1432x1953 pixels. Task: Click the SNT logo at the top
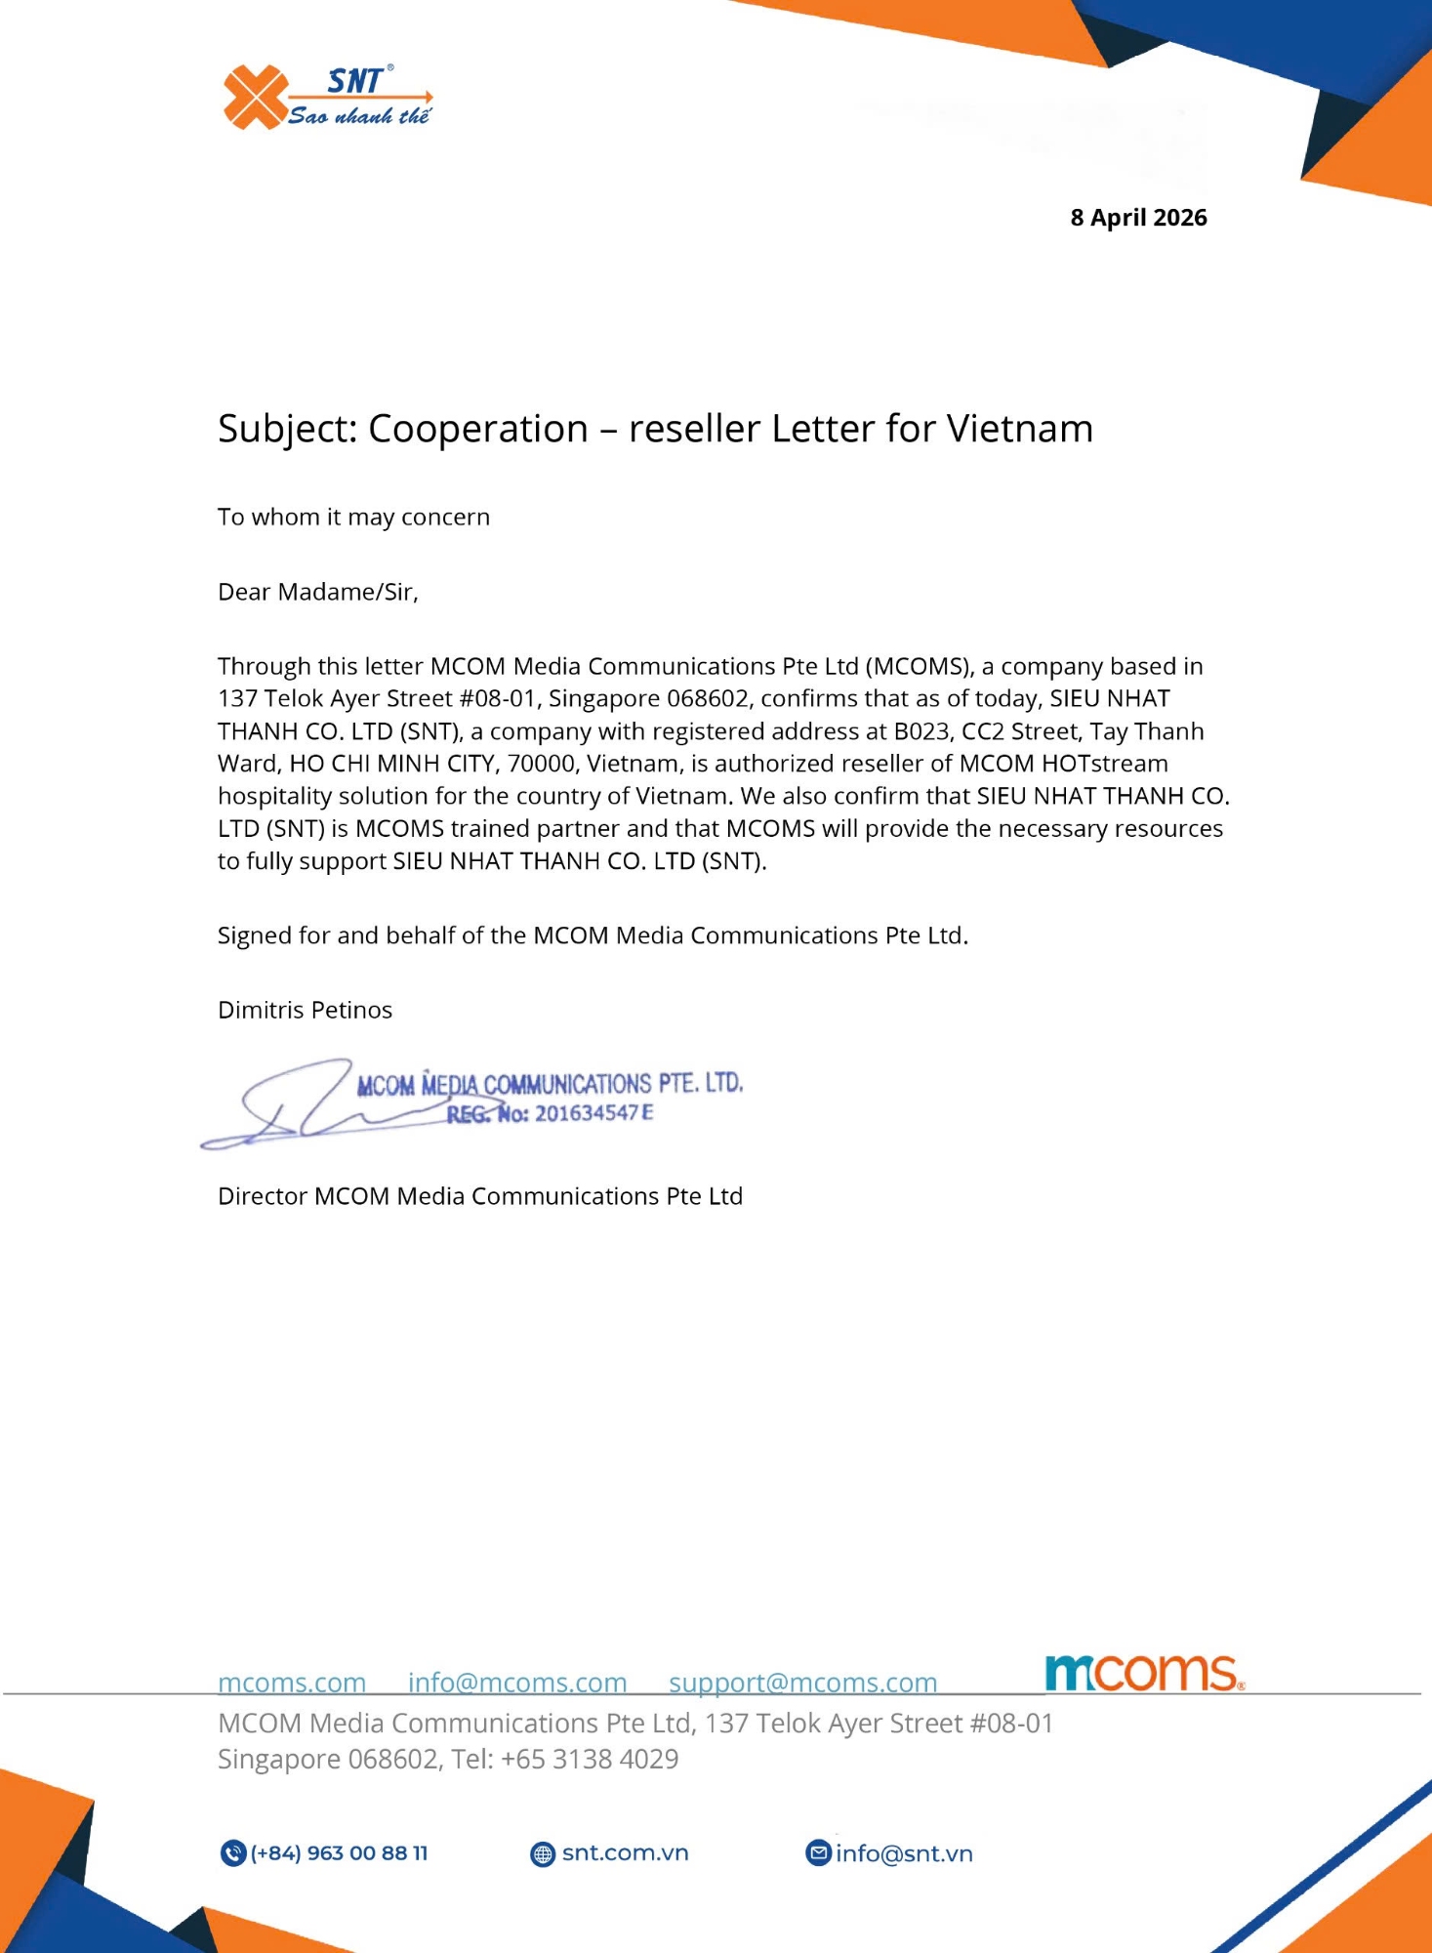(x=326, y=97)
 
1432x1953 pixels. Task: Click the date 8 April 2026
(x=1138, y=218)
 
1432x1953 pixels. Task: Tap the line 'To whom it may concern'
(x=353, y=517)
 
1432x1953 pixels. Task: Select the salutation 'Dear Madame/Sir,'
(x=317, y=592)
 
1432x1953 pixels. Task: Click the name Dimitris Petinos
(x=305, y=1010)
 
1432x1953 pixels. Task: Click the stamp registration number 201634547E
(x=593, y=1113)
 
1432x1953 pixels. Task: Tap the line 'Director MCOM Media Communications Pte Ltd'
(x=479, y=1196)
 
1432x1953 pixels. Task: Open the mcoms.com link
(x=292, y=1683)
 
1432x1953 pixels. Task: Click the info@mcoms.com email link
(x=516, y=1683)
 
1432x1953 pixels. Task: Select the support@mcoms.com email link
(x=802, y=1683)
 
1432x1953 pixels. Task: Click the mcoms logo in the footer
(x=1143, y=1674)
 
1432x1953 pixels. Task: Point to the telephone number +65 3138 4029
(x=590, y=1759)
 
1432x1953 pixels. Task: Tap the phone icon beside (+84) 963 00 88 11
(x=232, y=1852)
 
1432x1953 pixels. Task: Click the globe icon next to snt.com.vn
(x=542, y=1853)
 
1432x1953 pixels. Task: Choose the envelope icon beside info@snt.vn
(x=818, y=1852)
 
